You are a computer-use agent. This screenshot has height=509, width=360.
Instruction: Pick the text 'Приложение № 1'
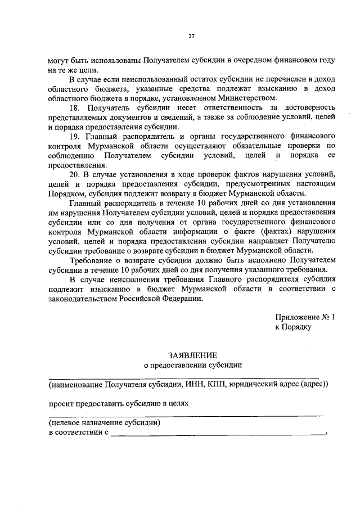(x=305, y=317)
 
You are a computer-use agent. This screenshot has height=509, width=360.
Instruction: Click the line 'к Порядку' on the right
(x=293, y=327)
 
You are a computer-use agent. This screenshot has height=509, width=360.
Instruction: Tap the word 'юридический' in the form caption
(x=253, y=385)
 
